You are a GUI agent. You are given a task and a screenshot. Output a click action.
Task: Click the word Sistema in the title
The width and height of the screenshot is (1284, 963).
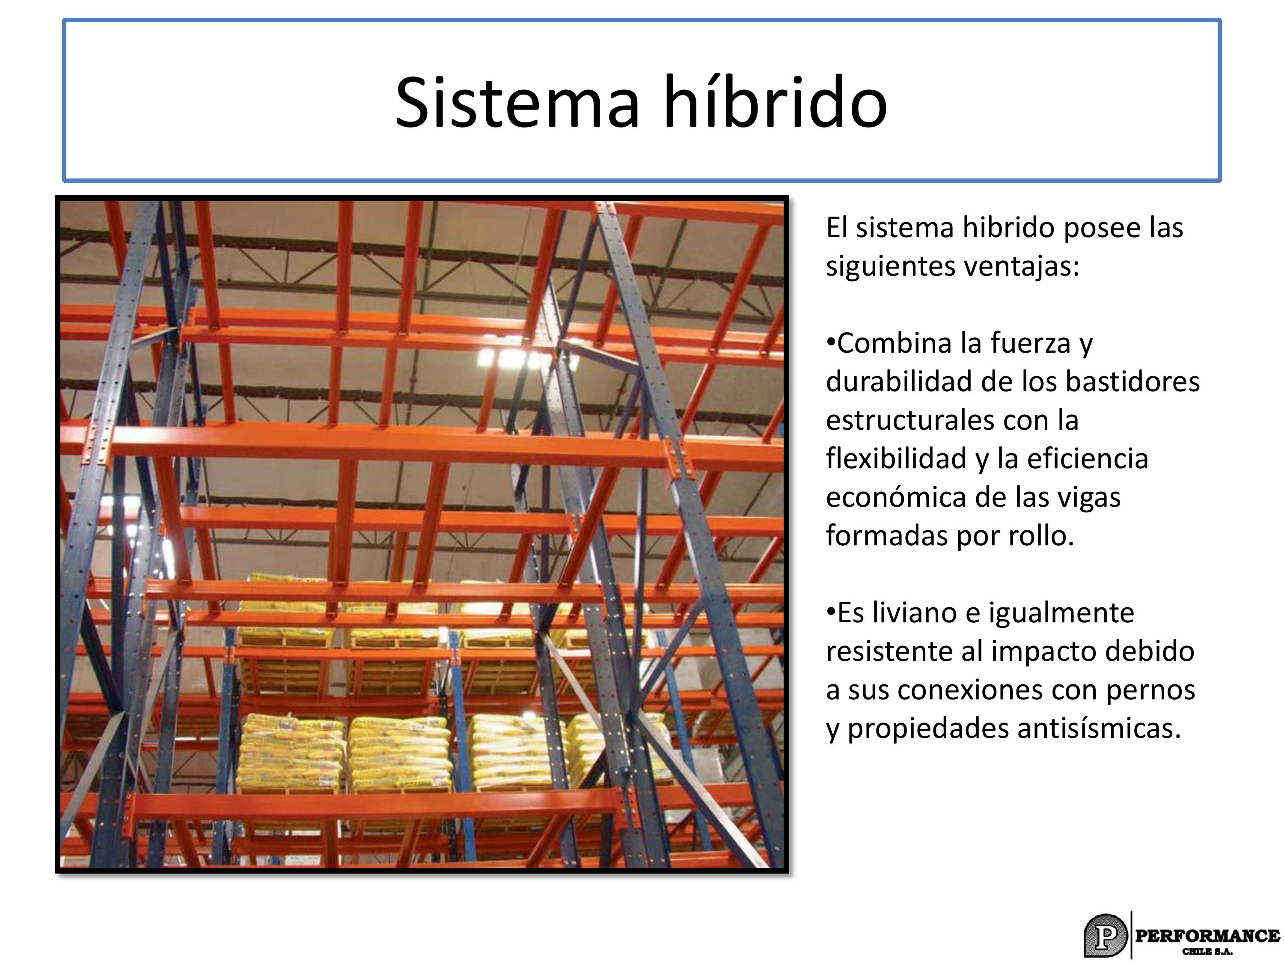click(x=518, y=102)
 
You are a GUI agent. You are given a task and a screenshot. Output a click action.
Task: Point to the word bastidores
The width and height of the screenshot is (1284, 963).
click(x=1132, y=381)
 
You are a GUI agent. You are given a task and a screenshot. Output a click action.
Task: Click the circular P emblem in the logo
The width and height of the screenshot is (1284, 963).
click(x=1105, y=936)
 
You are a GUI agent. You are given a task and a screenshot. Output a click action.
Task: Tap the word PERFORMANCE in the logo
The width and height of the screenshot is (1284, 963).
click(x=1207, y=936)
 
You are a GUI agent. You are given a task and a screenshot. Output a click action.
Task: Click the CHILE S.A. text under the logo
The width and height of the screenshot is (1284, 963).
click(x=1207, y=951)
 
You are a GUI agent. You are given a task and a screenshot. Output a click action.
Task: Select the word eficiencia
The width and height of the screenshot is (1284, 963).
click(x=1088, y=458)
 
